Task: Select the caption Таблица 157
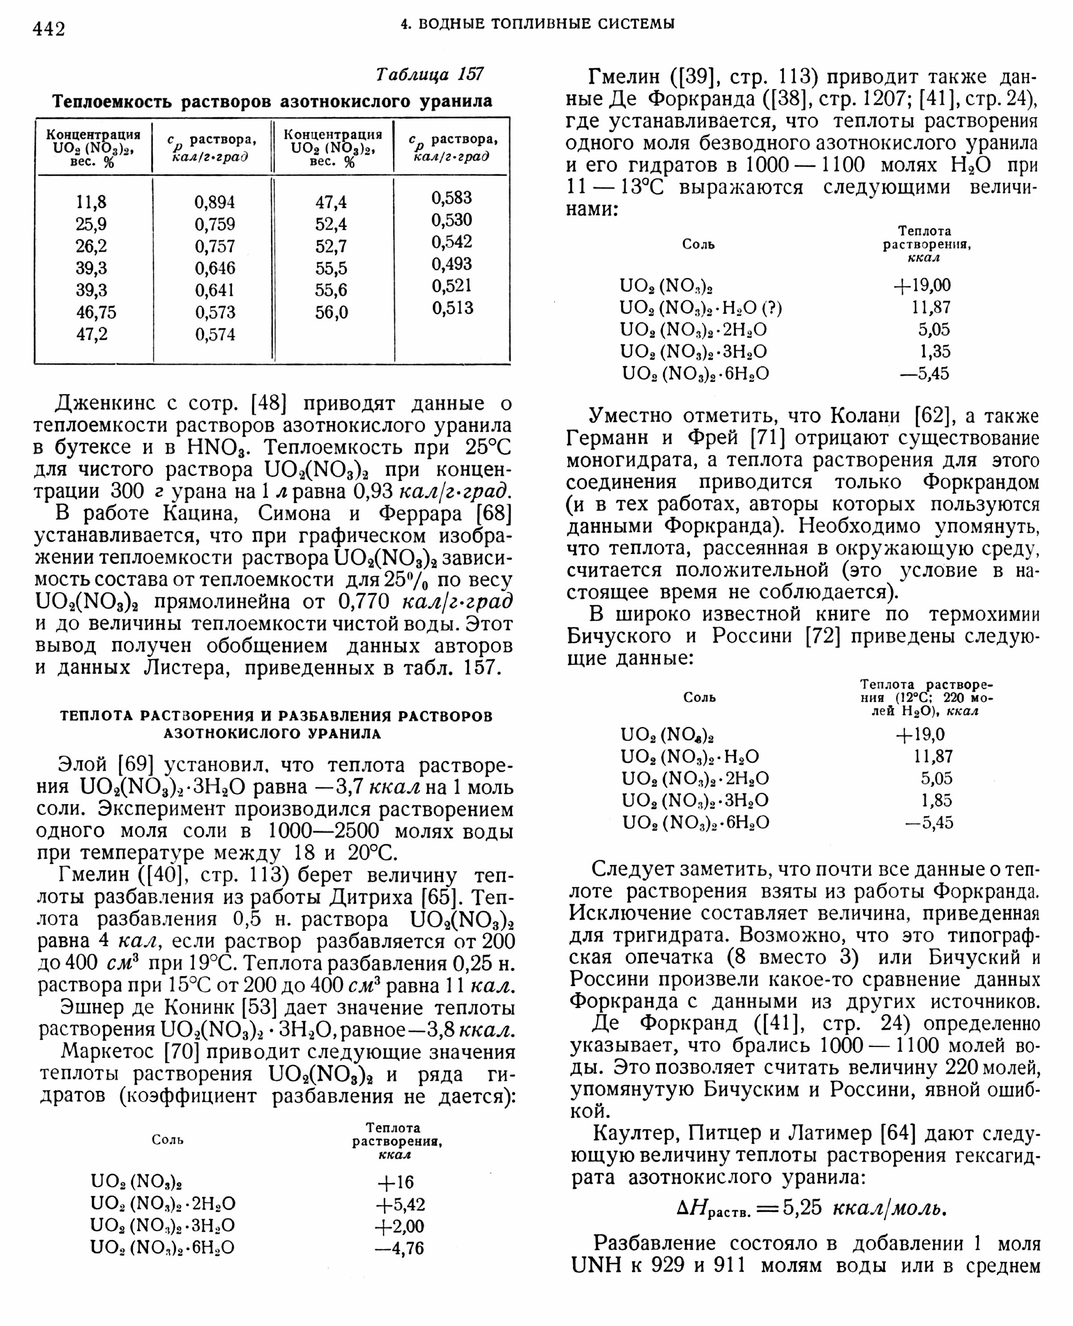tap(430, 74)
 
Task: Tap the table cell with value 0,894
tap(215, 202)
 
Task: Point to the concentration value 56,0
tap(331, 312)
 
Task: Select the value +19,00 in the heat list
tap(921, 286)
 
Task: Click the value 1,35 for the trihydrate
tap(934, 352)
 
